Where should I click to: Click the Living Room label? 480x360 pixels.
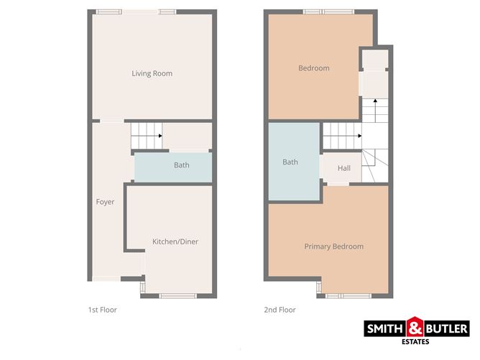tap(152, 73)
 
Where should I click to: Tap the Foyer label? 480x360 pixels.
tap(105, 202)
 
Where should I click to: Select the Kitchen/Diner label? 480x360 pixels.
tap(175, 242)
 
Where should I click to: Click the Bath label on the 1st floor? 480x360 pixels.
tap(182, 165)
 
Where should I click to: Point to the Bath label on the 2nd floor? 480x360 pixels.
tap(290, 162)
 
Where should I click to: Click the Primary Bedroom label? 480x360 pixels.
tap(333, 246)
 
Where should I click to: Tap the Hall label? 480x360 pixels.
tap(344, 168)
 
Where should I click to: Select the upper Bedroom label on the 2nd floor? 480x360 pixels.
tap(314, 68)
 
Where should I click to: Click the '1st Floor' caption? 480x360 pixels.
tap(102, 310)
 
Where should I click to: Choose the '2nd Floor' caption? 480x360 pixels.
tap(280, 310)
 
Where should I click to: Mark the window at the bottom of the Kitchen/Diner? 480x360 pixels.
tap(175, 295)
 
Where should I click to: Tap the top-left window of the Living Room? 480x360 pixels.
tap(109, 11)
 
